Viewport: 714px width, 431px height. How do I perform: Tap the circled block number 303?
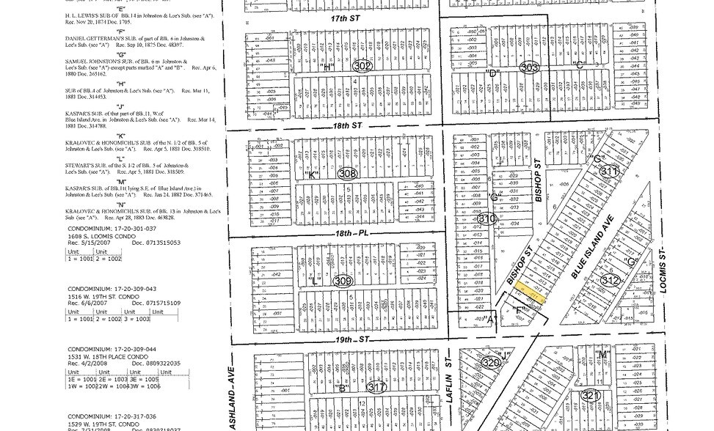click(528, 67)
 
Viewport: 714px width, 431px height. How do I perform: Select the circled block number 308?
click(347, 174)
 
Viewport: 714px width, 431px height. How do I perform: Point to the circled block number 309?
click(342, 281)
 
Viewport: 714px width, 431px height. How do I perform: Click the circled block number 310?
click(487, 218)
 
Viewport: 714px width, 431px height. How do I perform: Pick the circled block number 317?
click(376, 388)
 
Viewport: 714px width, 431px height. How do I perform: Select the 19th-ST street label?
click(354, 341)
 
